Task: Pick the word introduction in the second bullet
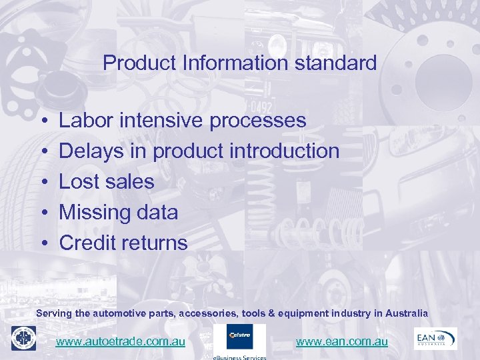point(284,151)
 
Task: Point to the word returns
point(157,243)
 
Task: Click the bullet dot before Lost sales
point(42,182)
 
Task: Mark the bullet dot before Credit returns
point(42,243)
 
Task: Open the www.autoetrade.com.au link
point(120,341)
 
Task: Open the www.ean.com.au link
point(341,341)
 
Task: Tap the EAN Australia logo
point(435,338)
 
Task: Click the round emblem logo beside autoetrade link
point(23,338)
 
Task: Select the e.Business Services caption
point(239,357)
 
